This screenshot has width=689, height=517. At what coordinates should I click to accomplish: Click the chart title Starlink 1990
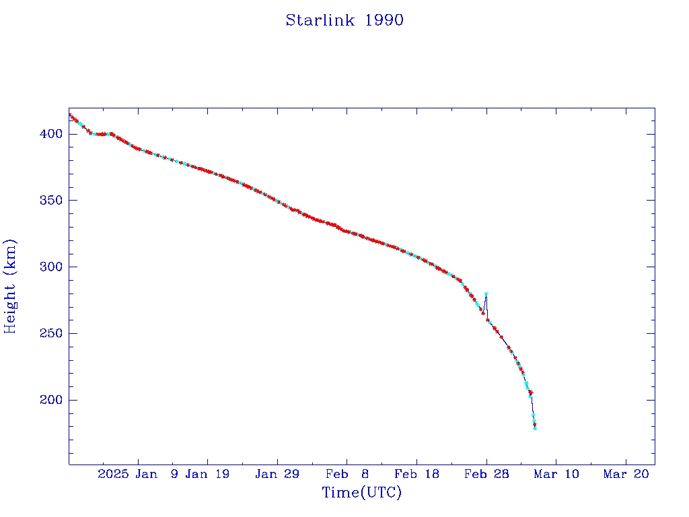(x=344, y=20)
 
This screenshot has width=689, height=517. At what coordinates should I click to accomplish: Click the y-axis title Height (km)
(x=11, y=286)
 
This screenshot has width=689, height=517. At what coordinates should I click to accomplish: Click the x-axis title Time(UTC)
(x=362, y=493)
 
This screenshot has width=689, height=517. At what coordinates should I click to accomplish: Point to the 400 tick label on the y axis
(x=51, y=134)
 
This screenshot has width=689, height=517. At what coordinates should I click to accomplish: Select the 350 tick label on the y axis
(x=51, y=201)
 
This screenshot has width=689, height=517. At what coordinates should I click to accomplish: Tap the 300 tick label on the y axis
(x=51, y=267)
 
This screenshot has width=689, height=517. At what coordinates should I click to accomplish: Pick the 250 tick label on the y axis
(x=51, y=334)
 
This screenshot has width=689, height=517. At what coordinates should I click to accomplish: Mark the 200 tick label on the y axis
(x=51, y=401)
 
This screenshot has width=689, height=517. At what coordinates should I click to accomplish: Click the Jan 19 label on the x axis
(x=207, y=474)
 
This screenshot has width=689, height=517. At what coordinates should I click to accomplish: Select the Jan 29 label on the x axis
(x=277, y=474)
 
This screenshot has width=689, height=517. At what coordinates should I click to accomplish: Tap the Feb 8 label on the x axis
(x=347, y=474)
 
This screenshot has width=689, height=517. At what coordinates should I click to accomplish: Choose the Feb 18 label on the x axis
(x=416, y=474)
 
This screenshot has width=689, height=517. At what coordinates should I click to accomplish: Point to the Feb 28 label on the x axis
(x=486, y=474)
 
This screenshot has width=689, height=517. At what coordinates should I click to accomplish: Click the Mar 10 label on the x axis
(x=556, y=474)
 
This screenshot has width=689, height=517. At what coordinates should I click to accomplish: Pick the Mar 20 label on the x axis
(x=626, y=474)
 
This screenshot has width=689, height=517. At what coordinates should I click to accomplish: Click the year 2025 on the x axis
(x=113, y=474)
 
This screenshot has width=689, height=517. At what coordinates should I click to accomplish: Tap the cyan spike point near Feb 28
(x=486, y=294)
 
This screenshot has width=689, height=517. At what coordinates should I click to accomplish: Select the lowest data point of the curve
(x=535, y=428)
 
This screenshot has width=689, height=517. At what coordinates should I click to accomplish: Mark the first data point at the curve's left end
(x=69, y=114)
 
